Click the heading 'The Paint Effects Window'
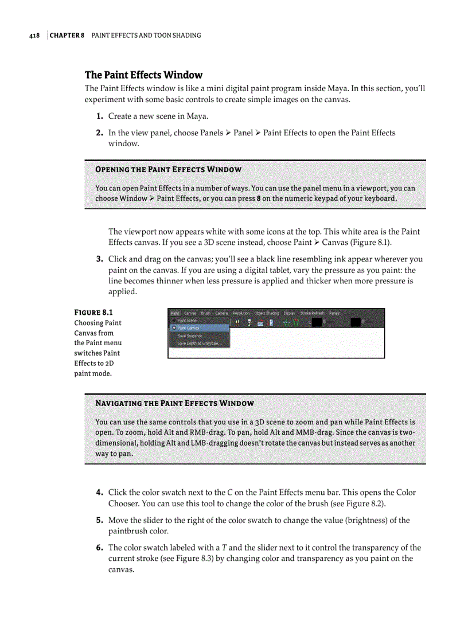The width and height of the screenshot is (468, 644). (x=143, y=75)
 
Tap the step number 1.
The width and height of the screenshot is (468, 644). (x=99, y=116)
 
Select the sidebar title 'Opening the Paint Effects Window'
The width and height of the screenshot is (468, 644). (x=168, y=170)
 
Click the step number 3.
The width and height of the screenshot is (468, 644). (x=99, y=259)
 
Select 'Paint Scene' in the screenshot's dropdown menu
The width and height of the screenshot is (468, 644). (x=187, y=321)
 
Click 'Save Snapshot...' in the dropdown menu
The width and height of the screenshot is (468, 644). (x=190, y=335)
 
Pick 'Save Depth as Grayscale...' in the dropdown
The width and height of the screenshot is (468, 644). (x=198, y=343)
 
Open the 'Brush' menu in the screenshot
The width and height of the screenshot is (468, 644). (x=206, y=313)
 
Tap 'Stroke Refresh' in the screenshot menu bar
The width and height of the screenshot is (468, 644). (x=312, y=313)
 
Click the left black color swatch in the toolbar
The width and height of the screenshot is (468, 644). (x=317, y=322)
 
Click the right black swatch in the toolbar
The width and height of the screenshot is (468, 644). (x=356, y=322)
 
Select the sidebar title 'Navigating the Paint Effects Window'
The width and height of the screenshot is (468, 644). (x=174, y=404)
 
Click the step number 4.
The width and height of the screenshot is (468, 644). (x=99, y=493)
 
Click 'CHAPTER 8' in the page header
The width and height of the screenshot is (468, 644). (x=67, y=36)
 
